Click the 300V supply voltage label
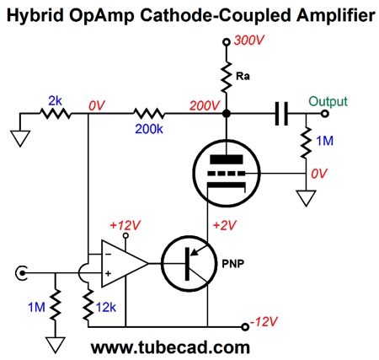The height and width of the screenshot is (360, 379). (248, 40)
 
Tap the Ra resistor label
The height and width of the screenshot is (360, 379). (243, 76)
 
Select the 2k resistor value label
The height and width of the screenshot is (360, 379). (55, 101)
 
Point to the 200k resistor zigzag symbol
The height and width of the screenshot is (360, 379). (149, 114)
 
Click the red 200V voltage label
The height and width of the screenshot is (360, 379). (205, 105)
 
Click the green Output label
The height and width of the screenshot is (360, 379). (328, 101)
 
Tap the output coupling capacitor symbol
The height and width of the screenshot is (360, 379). (281, 114)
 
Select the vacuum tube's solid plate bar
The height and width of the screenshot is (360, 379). (227, 159)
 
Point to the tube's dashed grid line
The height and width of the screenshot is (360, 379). (227, 174)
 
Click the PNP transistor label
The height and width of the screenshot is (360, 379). (233, 264)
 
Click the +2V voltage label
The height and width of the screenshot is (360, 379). (225, 225)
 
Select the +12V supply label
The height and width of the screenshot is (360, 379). (125, 225)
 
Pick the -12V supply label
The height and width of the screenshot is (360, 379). (264, 321)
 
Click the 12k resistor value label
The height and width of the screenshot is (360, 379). (106, 308)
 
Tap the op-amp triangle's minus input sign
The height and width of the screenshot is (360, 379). (108, 255)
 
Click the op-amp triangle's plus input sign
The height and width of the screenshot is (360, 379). (108, 273)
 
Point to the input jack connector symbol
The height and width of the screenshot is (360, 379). (21, 272)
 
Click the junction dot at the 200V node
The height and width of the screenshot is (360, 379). (227, 114)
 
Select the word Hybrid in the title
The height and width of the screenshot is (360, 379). (35, 16)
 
